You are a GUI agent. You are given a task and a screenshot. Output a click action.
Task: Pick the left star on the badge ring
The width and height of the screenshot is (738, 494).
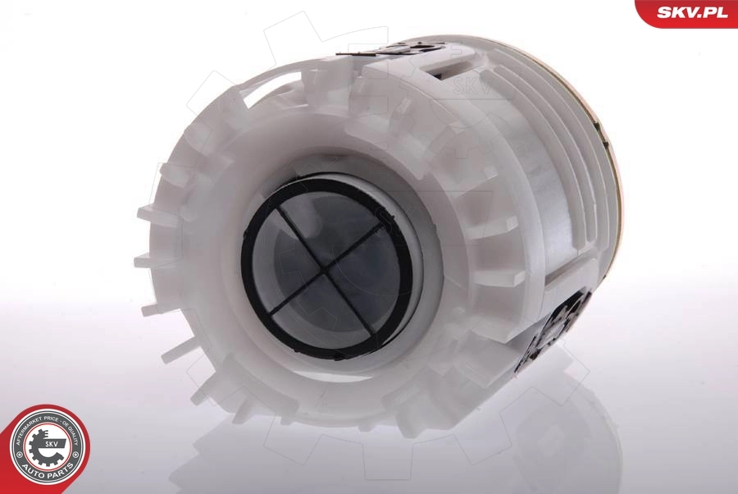[x=19, y=454]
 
